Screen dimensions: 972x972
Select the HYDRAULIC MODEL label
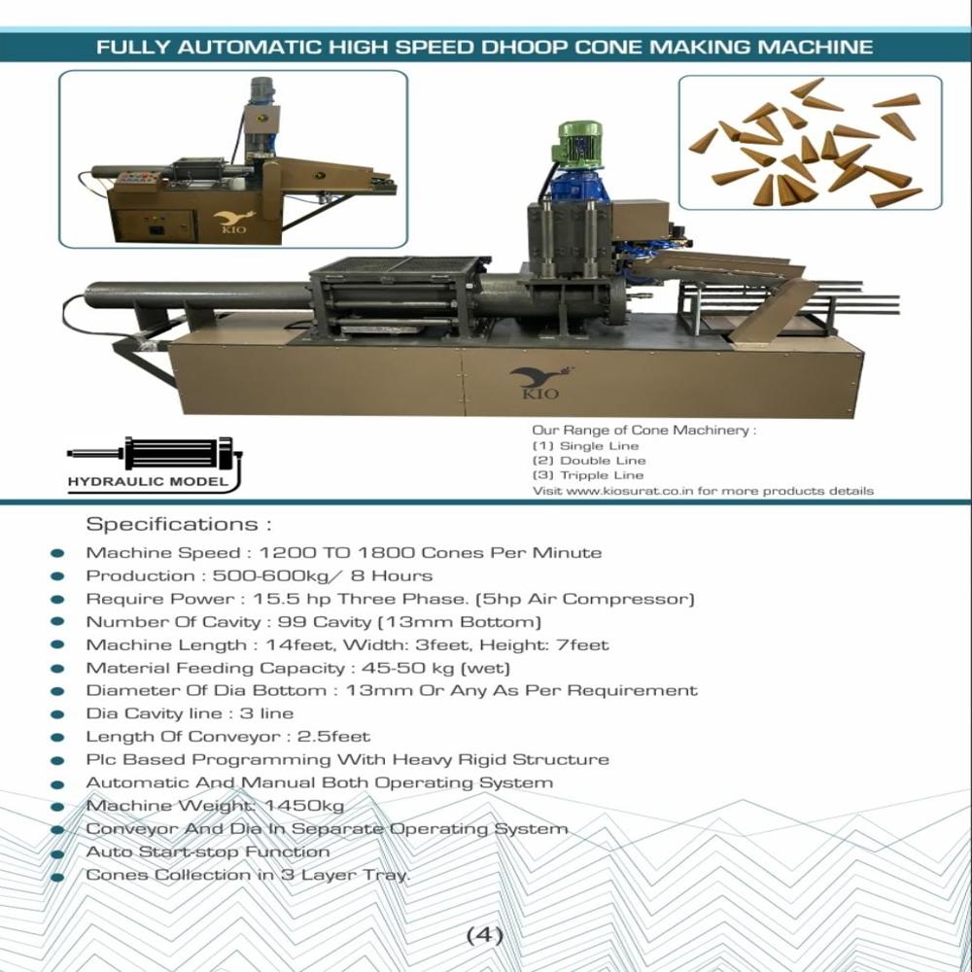coord(149,481)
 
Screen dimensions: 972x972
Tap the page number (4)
coord(485,936)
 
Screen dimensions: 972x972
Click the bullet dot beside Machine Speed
coord(57,554)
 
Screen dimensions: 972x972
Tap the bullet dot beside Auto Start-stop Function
coord(57,853)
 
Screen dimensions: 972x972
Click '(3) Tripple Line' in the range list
coord(588,475)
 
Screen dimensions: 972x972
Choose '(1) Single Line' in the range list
coord(585,446)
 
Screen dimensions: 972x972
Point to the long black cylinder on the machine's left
coord(194,295)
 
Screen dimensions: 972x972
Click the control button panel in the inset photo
coord(138,180)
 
